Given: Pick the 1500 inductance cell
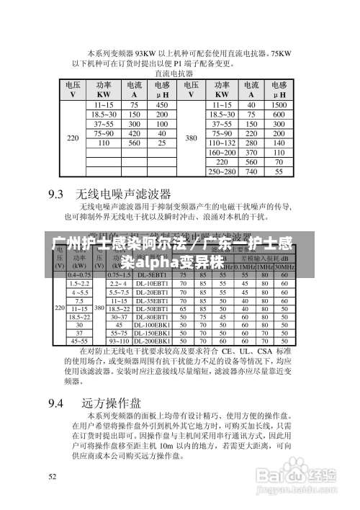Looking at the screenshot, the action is click(x=279, y=104).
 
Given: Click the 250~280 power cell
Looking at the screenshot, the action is click(x=222, y=172).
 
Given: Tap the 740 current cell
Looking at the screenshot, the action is click(x=251, y=172).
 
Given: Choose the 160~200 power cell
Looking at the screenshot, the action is click(x=222, y=153).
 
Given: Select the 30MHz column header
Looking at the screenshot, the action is click(x=285, y=266).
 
